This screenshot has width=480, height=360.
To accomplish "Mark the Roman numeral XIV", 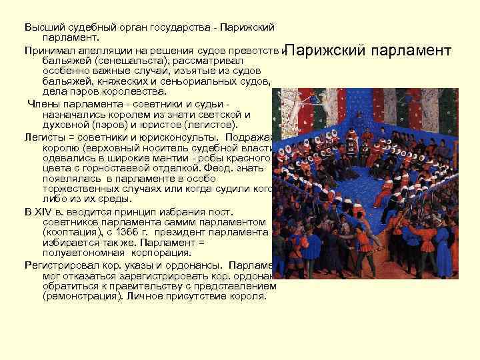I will (x=47, y=211).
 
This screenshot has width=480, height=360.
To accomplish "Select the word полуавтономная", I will (x=83, y=253).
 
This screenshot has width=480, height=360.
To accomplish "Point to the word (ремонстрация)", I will (x=80, y=296).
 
